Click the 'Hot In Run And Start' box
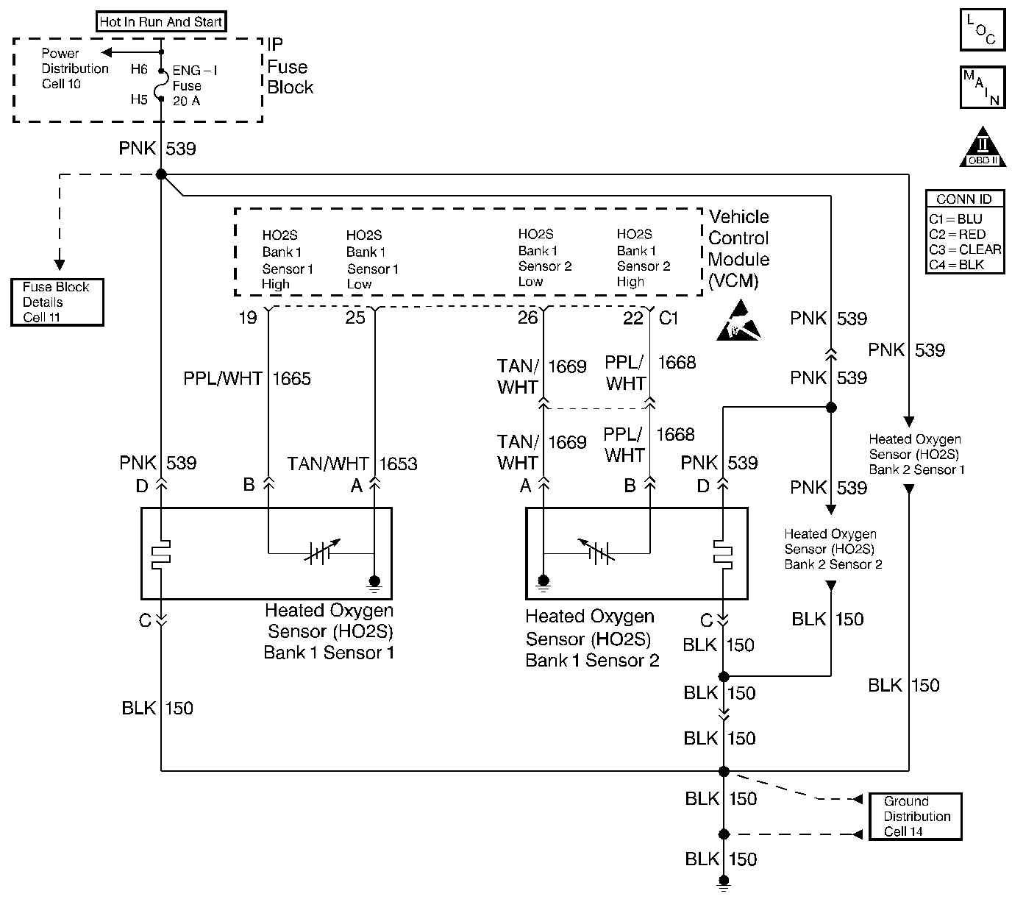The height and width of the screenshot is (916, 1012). tap(161, 22)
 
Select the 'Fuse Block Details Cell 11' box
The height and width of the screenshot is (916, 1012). tap(57, 302)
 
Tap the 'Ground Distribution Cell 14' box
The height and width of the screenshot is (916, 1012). tap(916, 816)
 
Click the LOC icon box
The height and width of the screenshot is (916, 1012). tap(982, 30)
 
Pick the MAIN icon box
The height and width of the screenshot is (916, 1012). tap(982, 88)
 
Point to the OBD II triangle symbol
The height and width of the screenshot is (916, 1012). tap(983, 149)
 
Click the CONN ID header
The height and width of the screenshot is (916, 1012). tap(964, 199)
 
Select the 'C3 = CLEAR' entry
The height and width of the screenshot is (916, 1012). tap(965, 249)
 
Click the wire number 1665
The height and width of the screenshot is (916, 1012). tap(292, 379)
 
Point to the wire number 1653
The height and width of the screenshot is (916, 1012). tap(398, 464)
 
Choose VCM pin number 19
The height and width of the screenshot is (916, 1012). tap(248, 318)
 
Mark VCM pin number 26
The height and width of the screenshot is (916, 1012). tap(527, 318)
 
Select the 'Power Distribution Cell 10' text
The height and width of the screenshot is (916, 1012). tap(74, 68)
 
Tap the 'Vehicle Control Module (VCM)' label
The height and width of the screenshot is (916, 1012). tap(738, 249)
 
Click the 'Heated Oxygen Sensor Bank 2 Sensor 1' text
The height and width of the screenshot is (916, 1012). tap(916, 455)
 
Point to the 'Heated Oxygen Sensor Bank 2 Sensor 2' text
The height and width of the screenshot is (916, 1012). tap(833, 550)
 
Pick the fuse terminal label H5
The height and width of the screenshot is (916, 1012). tap(139, 100)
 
